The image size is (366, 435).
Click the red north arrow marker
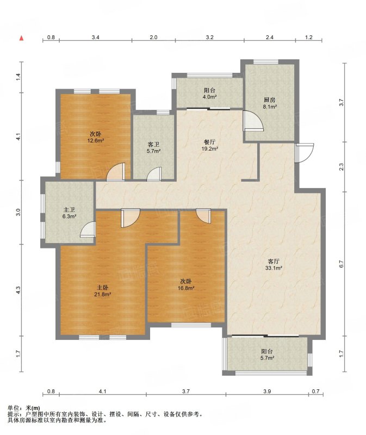click(21, 38)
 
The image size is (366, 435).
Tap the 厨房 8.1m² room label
click(269, 103)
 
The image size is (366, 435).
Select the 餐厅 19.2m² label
click(209, 145)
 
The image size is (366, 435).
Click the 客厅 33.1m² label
click(274, 264)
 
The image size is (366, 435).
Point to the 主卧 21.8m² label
click(102, 291)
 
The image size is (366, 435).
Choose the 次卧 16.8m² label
click(185, 284)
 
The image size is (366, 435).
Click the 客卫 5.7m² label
click(153, 147)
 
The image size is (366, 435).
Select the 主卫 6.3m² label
click(69, 213)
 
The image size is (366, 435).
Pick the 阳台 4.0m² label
click(210, 94)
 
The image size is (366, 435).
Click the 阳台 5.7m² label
click(266, 355)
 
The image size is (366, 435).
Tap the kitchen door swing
click(252, 121)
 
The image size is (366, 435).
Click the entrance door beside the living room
click(304, 153)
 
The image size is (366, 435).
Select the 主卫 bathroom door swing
click(88, 229)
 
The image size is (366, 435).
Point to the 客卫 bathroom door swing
click(154, 174)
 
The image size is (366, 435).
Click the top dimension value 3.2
click(210, 37)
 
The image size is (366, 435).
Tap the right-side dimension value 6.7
click(342, 264)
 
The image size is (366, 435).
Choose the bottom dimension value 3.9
click(267, 391)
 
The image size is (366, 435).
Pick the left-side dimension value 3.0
click(18, 212)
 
